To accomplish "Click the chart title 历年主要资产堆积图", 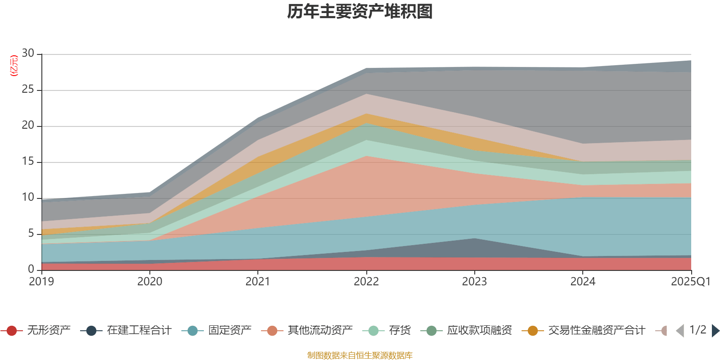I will tap(360, 12).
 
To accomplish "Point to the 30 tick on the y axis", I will tap(28, 54).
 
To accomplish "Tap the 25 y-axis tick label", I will tap(28, 90).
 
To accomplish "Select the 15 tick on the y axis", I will tap(28, 162).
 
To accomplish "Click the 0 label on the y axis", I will tap(31, 269).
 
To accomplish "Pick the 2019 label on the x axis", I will tap(41, 282).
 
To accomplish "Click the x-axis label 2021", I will tap(258, 282).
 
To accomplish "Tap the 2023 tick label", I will tap(474, 282).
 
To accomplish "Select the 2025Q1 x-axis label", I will tap(690, 282).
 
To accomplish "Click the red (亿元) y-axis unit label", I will tap(14, 66).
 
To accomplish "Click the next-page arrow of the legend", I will tap(715, 331).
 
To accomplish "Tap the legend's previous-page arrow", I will tap(680, 331).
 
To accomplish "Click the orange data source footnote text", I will tap(360, 355).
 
